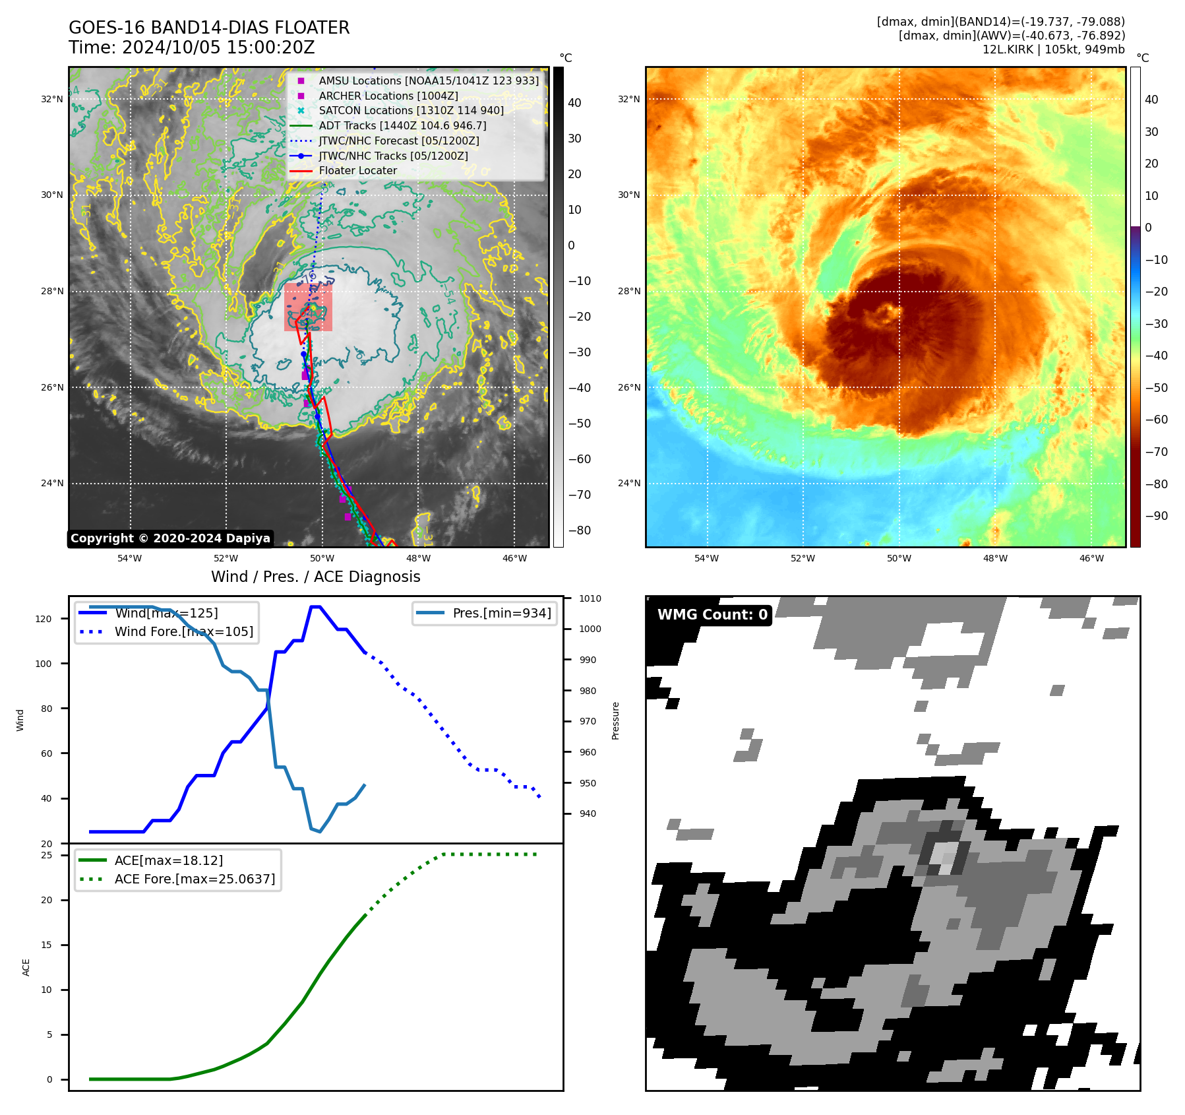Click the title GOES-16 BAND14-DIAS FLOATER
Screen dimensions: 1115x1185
[209, 28]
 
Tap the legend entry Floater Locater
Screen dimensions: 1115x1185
[357, 171]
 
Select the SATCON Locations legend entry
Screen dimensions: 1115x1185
[411, 111]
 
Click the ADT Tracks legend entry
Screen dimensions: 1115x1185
[402, 126]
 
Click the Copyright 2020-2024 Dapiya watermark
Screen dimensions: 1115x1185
[170, 538]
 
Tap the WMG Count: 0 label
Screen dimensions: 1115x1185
[712, 615]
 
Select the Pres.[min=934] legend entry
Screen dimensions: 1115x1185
[501, 614]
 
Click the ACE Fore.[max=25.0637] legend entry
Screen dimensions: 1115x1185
[195, 879]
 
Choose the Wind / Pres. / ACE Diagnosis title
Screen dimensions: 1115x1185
[315, 577]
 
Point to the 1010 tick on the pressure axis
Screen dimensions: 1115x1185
[590, 599]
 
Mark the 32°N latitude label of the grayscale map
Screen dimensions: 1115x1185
[52, 100]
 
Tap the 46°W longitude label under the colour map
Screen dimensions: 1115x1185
[1091, 559]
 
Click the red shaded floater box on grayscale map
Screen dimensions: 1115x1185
[308, 307]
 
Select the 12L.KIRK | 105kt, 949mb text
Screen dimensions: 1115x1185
[1053, 50]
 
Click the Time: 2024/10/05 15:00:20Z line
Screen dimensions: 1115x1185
[191, 48]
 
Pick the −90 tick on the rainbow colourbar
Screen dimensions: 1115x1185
[1156, 516]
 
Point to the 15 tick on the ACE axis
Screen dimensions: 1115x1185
[46, 945]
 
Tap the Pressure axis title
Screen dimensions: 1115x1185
[615, 720]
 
